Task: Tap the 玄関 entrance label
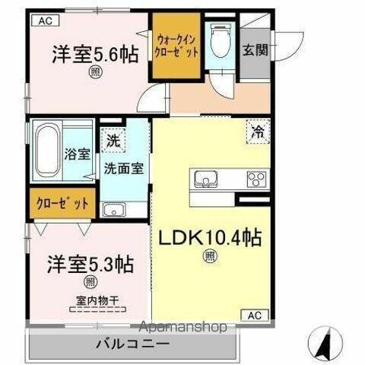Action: point(254,52)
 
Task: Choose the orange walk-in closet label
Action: point(178,46)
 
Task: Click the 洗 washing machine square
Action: point(112,141)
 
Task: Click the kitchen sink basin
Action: point(205,180)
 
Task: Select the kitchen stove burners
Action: point(255,180)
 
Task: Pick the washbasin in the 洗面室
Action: point(114,210)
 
